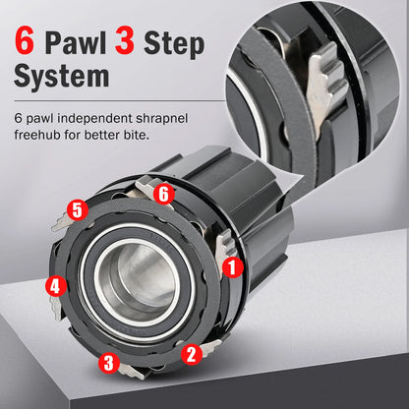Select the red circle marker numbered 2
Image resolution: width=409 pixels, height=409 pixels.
point(194,351)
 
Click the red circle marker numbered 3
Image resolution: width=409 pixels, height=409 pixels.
point(105,362)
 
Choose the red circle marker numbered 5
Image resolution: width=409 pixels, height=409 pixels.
point(77,209)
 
